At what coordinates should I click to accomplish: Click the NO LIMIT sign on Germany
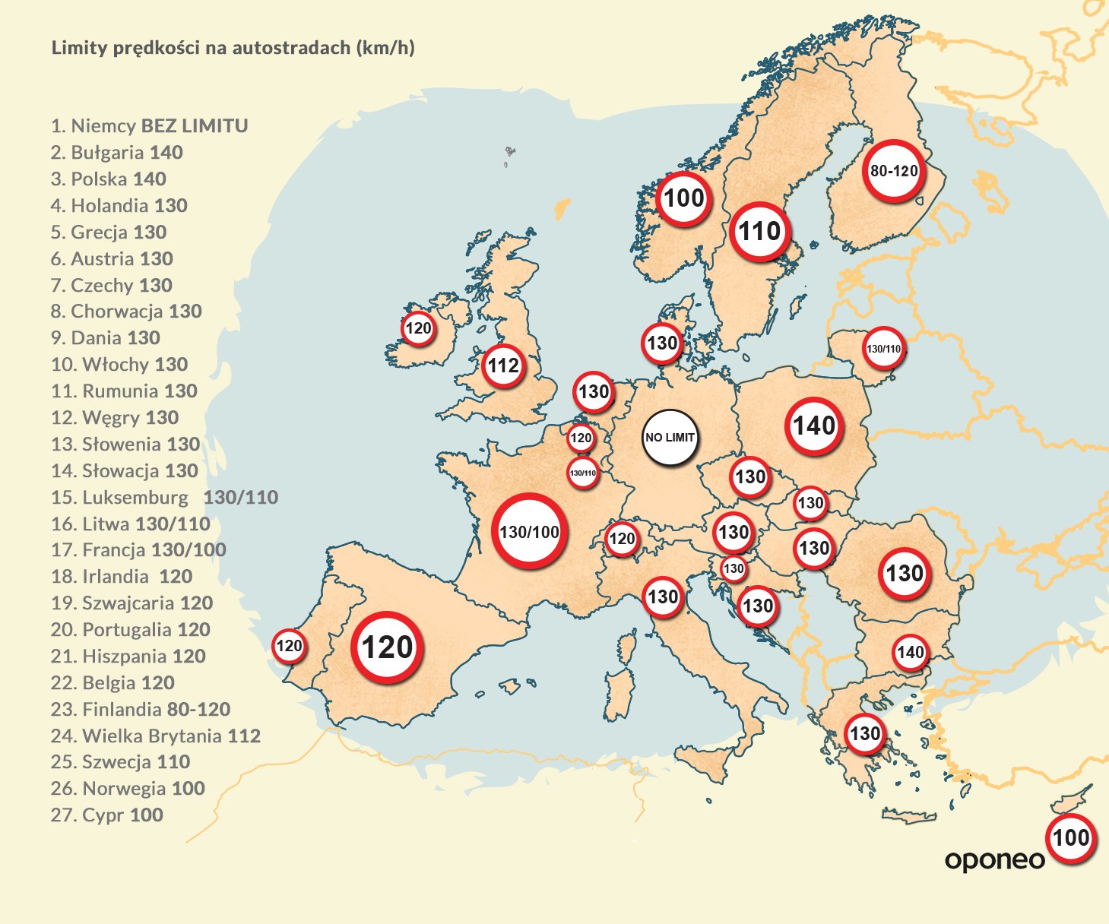(x=670, y=438)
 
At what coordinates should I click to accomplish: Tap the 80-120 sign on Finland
(x=894, y=171)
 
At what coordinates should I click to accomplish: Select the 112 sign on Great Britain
(x=503, y=365)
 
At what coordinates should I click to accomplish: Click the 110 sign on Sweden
(x=760, y=231)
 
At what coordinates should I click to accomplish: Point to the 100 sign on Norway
(x=684, y=198)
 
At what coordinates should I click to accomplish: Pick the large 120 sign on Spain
(x=388, y=647)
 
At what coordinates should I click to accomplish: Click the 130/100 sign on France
(x=529, y=531)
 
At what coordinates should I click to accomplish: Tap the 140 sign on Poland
(x=814, y=426)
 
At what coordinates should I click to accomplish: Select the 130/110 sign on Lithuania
(x=883, y=349)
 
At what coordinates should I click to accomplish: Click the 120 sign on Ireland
(x=418, y=328)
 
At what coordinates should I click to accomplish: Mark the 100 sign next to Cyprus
(x=1071, y=838)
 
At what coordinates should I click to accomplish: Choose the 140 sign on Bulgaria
(x=910, y=652)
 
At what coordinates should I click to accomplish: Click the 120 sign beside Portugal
(x=289, y=646)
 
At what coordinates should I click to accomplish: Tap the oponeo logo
(x=994, y=860)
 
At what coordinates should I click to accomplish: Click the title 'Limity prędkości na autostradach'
(x=233, y=48)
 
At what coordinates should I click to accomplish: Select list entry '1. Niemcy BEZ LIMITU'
(x=150, y=125)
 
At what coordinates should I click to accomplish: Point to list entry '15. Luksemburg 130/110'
(x=164, y=497)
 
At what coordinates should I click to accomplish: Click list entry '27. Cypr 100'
(x=107, y=815)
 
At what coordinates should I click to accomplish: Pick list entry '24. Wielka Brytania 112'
(x=156, y=736)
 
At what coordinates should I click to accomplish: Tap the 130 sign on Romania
(x=905, y=573)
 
